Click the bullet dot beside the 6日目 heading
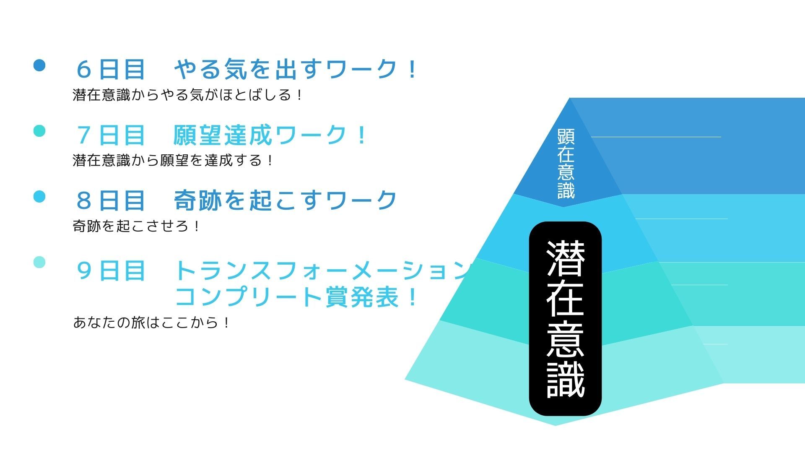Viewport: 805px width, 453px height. pyautogui.click(x=39, y=65)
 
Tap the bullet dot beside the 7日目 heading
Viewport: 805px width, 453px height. pyautogui.click(x=39, y=130)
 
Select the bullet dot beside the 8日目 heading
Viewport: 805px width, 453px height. pyautogui.click(x=39, y=196)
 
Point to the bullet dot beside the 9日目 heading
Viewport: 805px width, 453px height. pyautogui.click(x=39, y=262)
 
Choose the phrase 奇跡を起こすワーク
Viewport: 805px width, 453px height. pyautogui.click(x=285, y=200)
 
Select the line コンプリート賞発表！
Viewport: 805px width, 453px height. pyautogui.click(x=296, y=297)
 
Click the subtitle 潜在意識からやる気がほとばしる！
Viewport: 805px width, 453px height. pyautogui.click(x=187, y=95)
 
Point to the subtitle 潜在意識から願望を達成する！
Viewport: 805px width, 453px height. pyautogui.click(x=173, y=160)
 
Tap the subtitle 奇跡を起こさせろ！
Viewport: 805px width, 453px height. pyautogui.click(x=136, y=226)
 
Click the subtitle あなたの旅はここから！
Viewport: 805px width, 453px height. pyautogui.click(x=151, y=323)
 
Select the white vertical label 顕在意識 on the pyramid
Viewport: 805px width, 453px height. pyautogui.click(x=566, y=164)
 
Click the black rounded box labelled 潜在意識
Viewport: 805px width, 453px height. pyautogui.click(x=565, y=319)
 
